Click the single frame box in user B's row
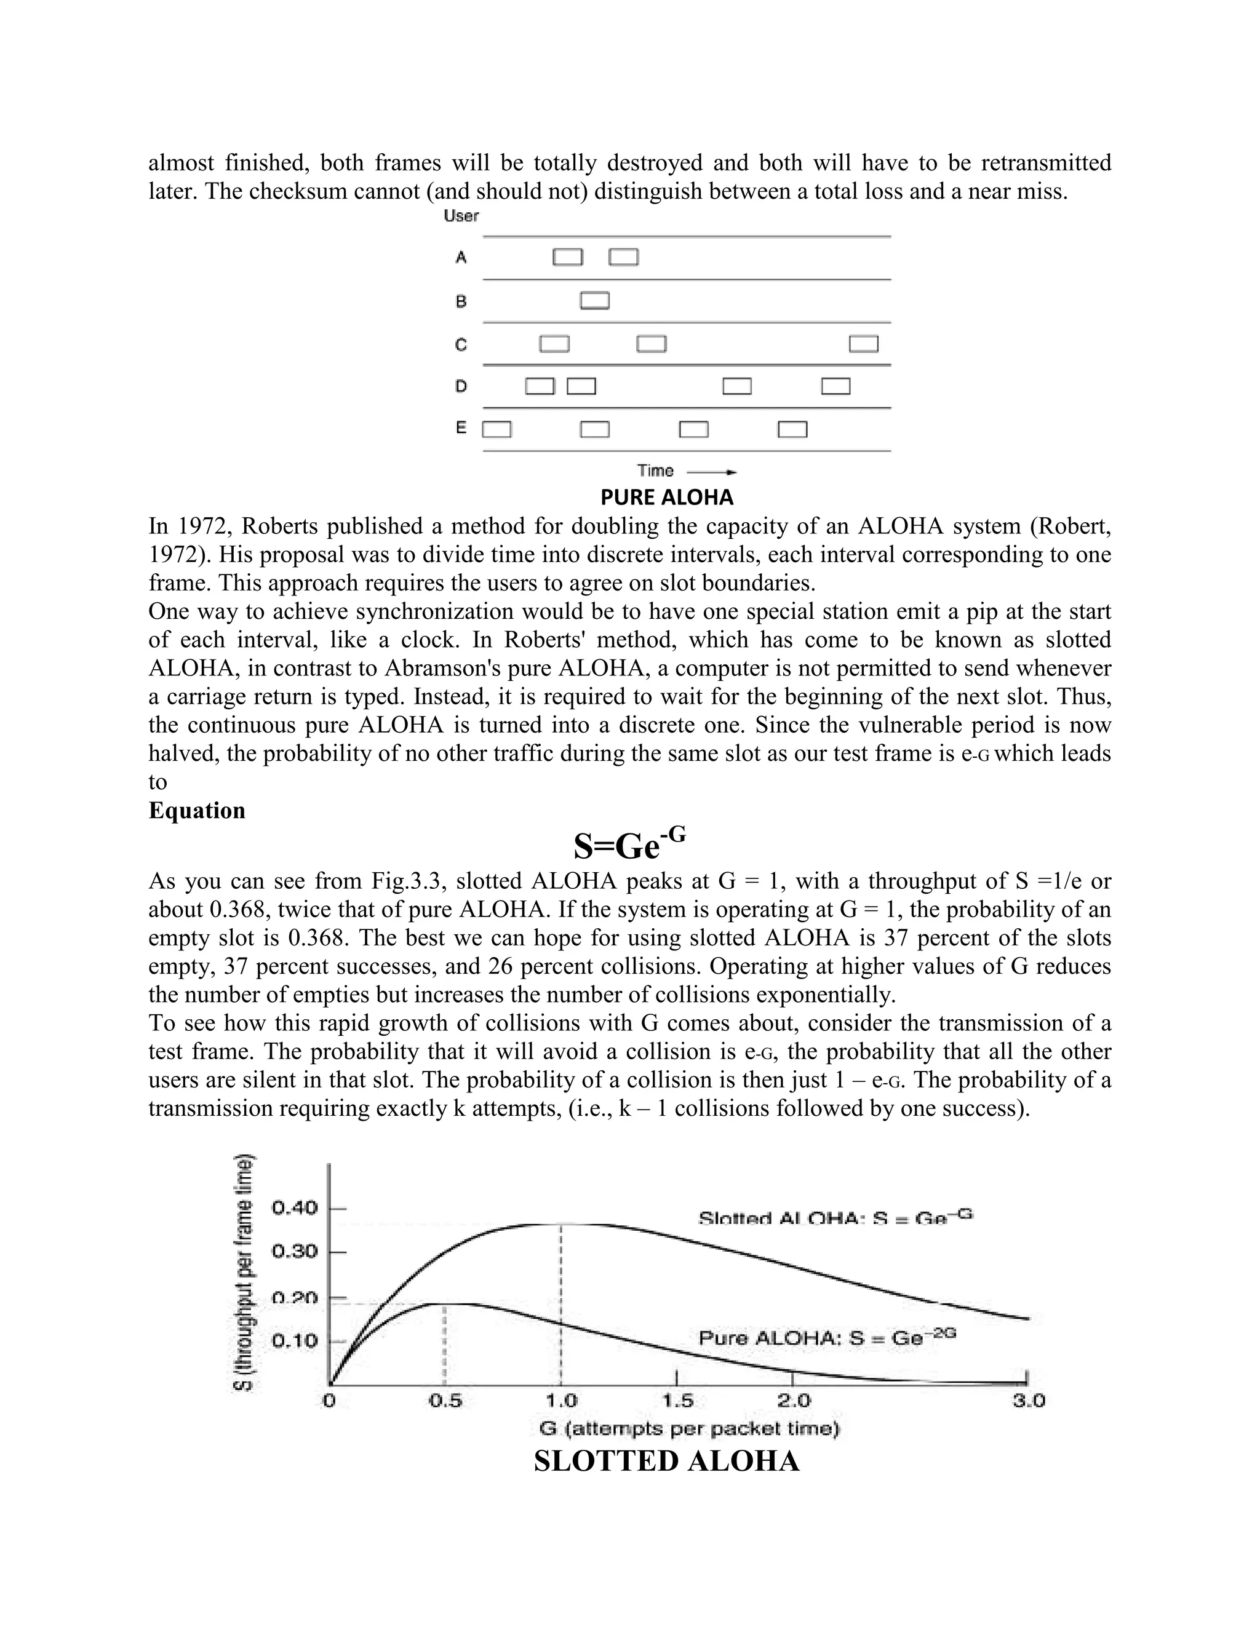point(595,301)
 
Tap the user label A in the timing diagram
point(461,258)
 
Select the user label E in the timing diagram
point(461,428)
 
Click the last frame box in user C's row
point(864,344)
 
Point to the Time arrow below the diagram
point(711,472)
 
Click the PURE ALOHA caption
point(666,497)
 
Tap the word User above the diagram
point(461,217)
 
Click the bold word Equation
point(197,811)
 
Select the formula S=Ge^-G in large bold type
point(629,845)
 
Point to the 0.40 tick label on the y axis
point(294,1207)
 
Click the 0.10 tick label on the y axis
point(294,1340)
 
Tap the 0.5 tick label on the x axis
point(445,1401)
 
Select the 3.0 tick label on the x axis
point(1028,1401)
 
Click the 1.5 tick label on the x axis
point(678,1401)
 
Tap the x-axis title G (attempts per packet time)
point(689,1428)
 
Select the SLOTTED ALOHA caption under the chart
point(666,1461)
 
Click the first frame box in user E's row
point(497,430)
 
